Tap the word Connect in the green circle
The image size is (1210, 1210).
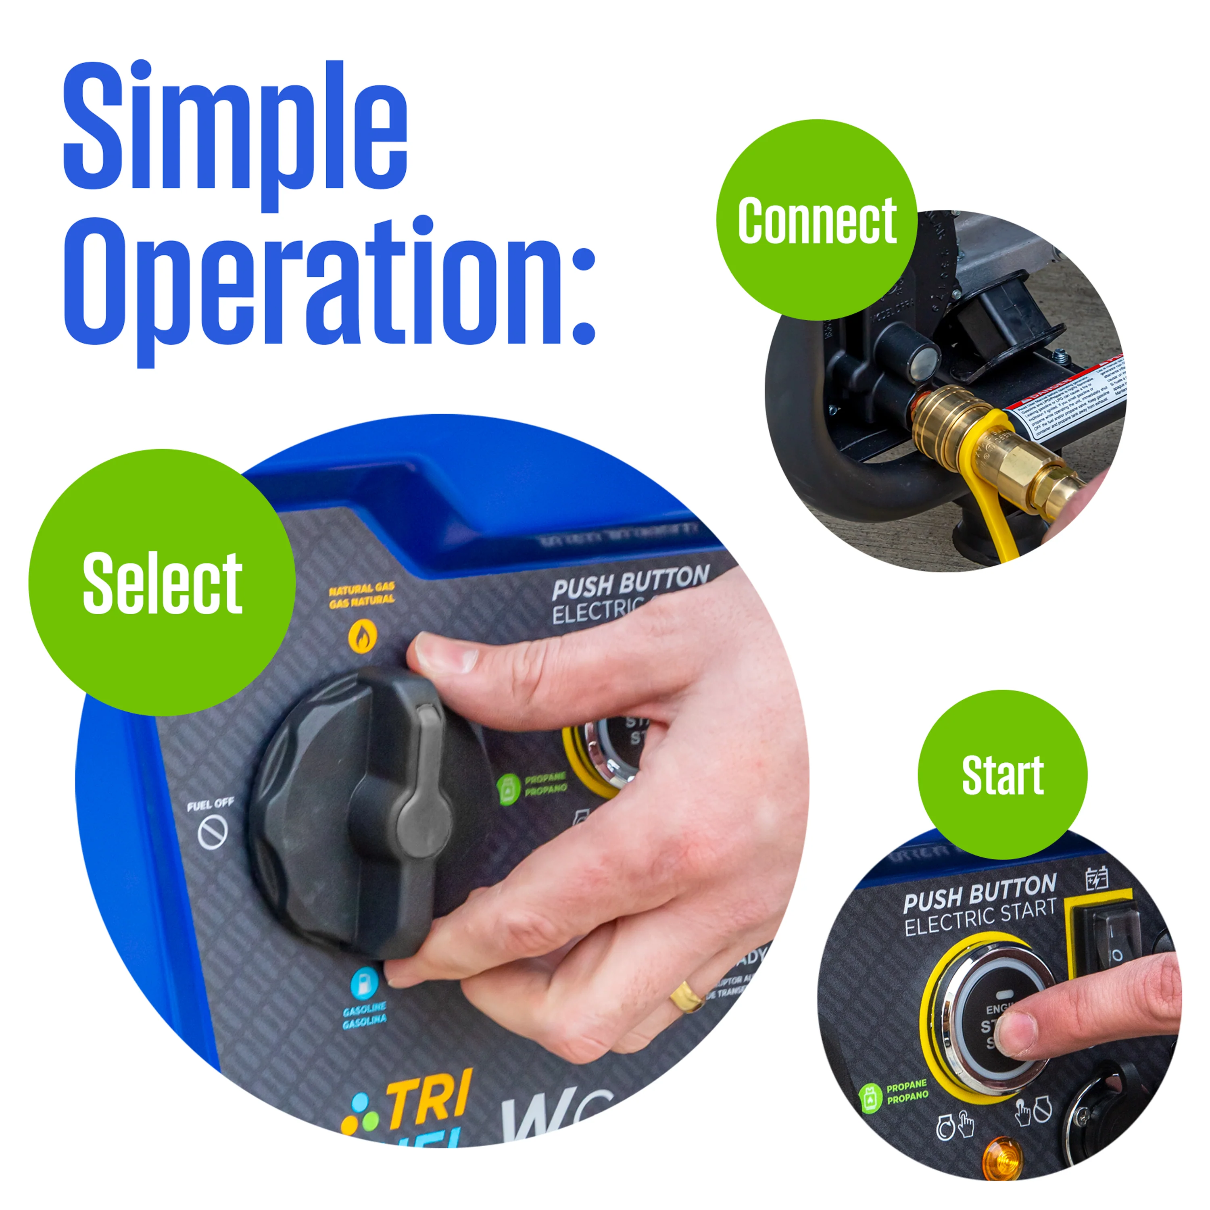pos(817,221)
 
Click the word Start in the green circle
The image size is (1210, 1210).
pos(1002,775)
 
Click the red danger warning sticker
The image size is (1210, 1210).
pos(1065,401)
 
